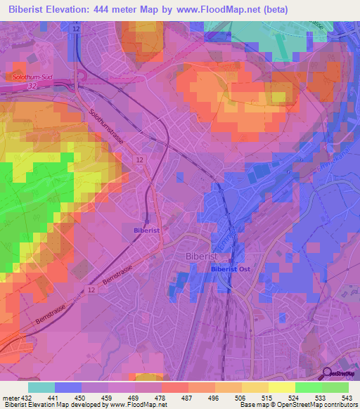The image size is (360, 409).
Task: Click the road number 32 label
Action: [32, 85]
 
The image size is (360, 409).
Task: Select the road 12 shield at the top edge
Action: [75, 27]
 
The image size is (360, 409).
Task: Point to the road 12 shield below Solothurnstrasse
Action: [141, 161]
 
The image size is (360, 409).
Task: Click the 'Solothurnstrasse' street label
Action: [108, 126]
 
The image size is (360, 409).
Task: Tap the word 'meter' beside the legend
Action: [10, 398]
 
